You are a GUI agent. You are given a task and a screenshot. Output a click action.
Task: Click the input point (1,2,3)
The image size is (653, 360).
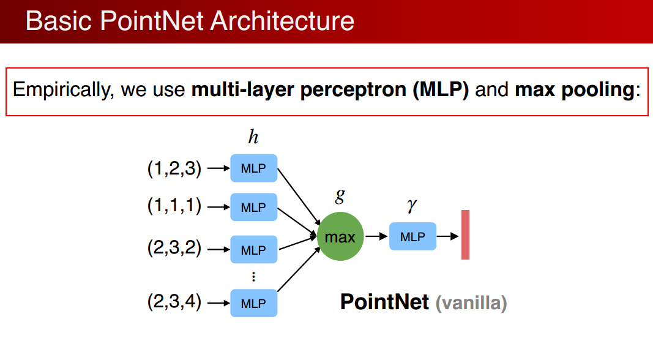tap(174, 168)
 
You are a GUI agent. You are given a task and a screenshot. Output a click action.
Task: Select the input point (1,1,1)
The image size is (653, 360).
tap(174, 206)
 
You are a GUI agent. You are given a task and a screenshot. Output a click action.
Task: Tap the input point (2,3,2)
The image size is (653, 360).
tap(174, 249)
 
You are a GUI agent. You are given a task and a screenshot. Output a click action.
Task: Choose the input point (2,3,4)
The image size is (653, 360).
tap(174, 302)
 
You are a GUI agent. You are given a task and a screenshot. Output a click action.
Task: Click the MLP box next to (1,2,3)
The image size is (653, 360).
tap(253, 168)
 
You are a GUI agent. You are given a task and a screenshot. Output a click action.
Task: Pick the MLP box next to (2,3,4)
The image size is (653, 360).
tap(253, 302)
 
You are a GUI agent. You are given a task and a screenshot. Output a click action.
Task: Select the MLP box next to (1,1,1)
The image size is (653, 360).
tap(253, 207)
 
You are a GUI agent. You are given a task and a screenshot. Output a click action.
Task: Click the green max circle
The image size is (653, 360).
tap(340, 237)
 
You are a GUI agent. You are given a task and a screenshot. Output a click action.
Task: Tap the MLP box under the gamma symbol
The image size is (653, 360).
tap(412, 236)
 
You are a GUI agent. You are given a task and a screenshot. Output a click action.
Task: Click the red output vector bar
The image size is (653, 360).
tap(465, 234)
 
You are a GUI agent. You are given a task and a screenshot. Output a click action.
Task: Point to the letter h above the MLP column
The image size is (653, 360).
tap(253, 137)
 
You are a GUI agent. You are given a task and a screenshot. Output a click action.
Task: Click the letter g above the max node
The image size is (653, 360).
tap(340, 195)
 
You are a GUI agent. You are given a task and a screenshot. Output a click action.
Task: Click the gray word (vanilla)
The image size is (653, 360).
tap(471, 303)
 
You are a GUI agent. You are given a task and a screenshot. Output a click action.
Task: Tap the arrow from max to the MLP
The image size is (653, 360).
tap(376, 236)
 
